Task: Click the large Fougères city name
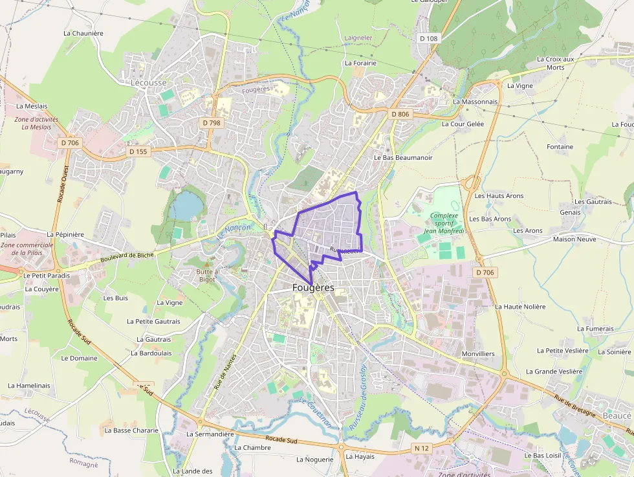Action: coord(313,287)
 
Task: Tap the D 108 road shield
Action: coord(428,38)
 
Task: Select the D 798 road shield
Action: coord(211,122)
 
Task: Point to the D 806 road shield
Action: coord(400,114)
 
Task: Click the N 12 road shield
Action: coord(422,448)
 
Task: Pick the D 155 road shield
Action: coord(138,151)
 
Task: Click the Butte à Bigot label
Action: coord(208,276)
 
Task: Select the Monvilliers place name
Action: coord(478,354)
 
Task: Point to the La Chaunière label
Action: coord(83,33)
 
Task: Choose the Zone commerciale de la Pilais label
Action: coord(27,249)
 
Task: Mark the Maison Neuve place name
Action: coord(573,239)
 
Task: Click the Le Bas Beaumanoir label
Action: coord(403,157)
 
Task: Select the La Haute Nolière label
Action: coord(520,306)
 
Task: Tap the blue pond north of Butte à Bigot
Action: coord(187,205)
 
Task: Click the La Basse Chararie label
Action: coord(131,430)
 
